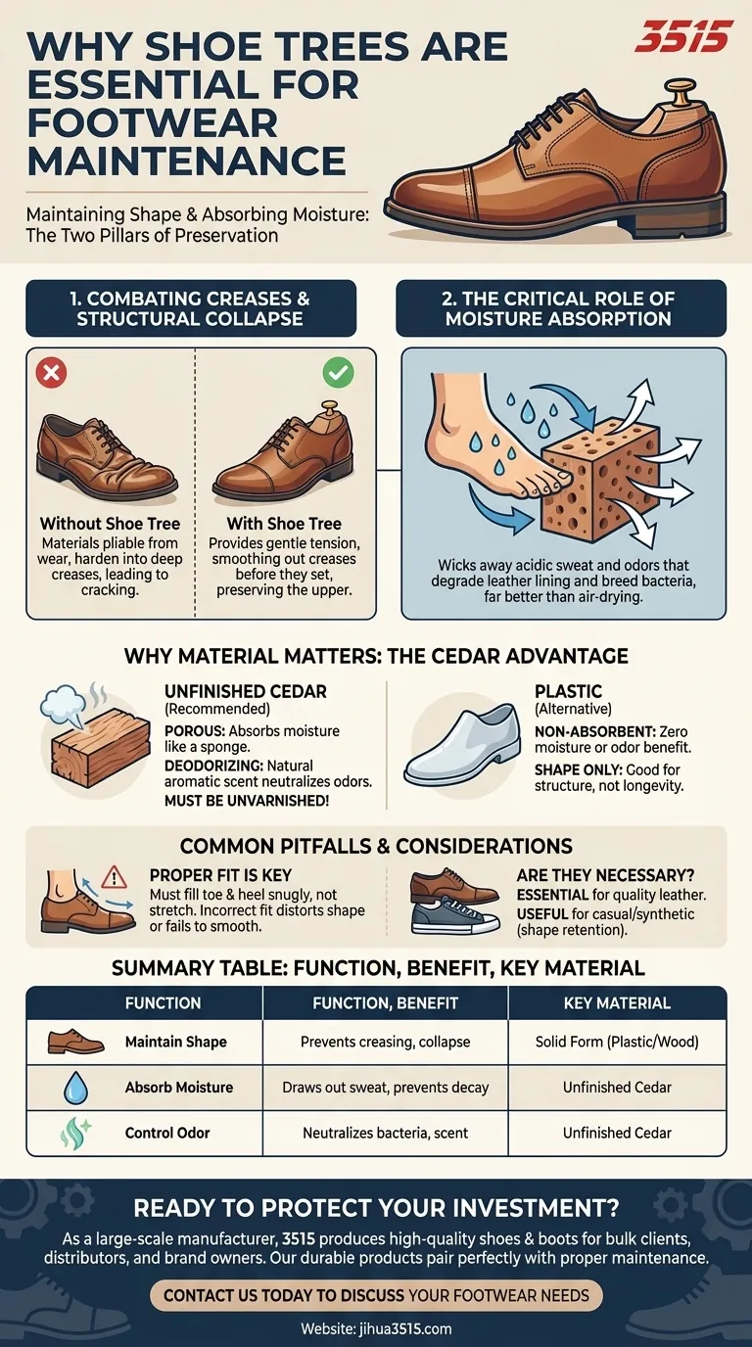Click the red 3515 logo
[682, 37]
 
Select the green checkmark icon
[339, 373]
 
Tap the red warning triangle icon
[115, 875]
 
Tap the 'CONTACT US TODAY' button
[376, 1295]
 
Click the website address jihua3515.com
[376, 1329]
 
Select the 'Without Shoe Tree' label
[110, 524]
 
